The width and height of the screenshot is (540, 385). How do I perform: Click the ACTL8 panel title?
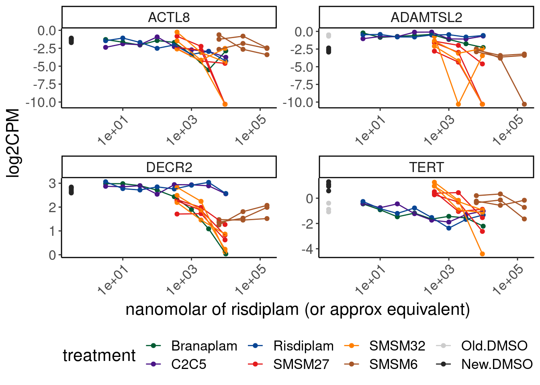169,18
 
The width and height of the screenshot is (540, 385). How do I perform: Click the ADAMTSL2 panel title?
426,18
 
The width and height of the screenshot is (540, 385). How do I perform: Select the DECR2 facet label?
169,167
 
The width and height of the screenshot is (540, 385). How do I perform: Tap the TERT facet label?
426,167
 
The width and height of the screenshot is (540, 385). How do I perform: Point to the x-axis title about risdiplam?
298,310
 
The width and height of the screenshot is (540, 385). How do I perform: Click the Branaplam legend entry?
204,346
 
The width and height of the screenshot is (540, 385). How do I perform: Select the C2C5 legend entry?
188,364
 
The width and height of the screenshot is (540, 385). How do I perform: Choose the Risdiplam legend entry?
303,346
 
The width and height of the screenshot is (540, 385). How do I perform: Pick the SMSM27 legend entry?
301,364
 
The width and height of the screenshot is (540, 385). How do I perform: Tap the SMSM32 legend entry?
397,346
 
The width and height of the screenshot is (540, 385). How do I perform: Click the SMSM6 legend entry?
393,364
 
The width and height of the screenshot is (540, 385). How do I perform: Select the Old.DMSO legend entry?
494,346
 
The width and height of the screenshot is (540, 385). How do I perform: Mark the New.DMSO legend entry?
497,364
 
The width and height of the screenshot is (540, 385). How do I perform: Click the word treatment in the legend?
99,355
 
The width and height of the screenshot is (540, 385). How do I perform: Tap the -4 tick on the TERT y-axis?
308,249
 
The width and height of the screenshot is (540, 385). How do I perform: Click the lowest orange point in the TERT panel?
482,254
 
